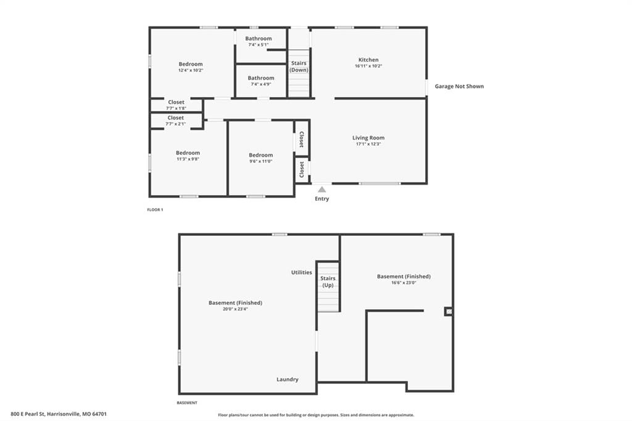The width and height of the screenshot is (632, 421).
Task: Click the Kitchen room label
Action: tap(368, 60)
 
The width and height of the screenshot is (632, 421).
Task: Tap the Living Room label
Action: tap(368, 138)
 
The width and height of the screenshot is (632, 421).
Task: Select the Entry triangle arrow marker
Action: tap(322, 189)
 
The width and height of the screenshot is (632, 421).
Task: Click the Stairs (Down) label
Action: tap(299, 67)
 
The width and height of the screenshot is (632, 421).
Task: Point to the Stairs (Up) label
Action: tap(328, 281)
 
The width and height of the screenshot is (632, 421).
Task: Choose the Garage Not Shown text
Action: tap(459, 86)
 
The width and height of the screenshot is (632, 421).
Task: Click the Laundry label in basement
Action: tap(288, 380)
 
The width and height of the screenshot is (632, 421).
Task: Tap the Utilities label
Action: tap(301, 272)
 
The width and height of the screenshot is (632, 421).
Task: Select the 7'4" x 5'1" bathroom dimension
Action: tap(259, 45)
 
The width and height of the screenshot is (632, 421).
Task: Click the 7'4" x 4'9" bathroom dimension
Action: tap(261, 85)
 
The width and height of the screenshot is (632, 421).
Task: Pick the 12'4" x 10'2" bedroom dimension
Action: tap(191, 70)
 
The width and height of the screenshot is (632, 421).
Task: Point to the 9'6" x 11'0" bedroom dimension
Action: tap(261, 161)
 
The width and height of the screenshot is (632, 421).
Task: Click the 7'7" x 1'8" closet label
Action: tap(176, 109)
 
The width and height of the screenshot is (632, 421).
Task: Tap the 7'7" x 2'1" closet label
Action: tap(176, 124)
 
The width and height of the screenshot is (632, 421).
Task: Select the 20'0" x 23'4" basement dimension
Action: tap(235, 309)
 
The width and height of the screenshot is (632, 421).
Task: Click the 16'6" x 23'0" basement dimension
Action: tap(404, 283)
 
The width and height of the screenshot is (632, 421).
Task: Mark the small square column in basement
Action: tap(449, 311)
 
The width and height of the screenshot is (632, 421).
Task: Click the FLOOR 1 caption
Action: tap(155, 210)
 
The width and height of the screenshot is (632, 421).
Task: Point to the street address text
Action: tap(59, 414)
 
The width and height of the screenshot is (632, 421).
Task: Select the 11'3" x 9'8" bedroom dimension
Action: tap(188, 159)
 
